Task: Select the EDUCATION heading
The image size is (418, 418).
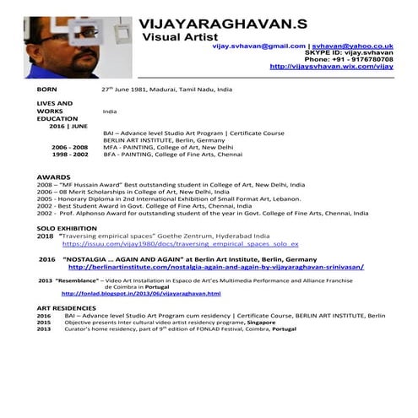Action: (x=57, y=119)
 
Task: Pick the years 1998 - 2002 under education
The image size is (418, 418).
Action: (x=69, y=155)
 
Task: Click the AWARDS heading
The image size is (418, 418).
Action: (x=54, y=175)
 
